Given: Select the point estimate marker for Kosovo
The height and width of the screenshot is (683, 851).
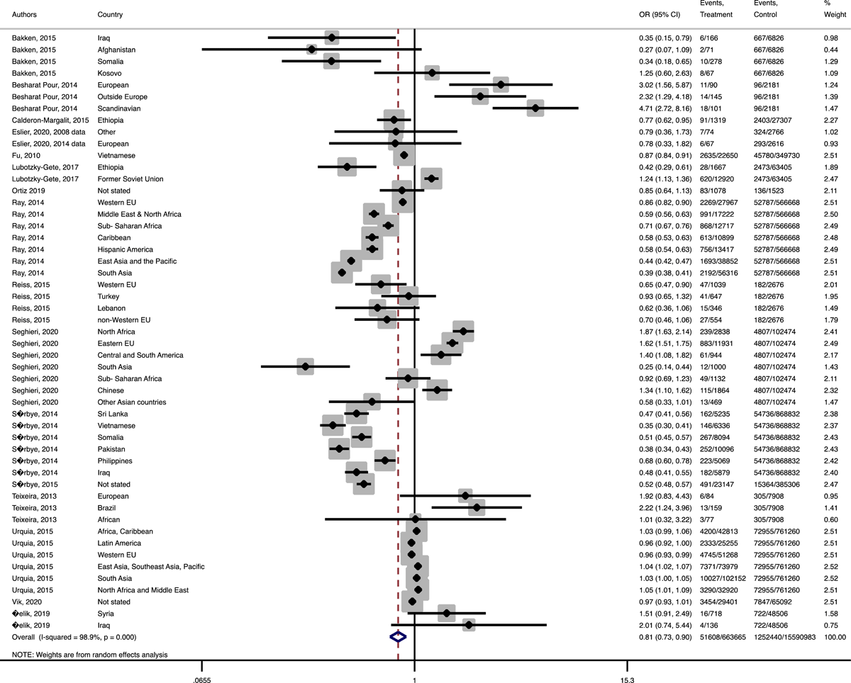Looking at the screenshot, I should click(x=431, y=73).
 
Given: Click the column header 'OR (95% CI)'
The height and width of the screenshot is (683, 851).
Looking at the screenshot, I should click(x=660, y=15).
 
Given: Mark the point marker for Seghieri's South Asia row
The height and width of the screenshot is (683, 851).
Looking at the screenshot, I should click(x=306, y=366).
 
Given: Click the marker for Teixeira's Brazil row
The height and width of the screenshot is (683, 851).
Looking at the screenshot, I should click(x=476, y=507).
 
